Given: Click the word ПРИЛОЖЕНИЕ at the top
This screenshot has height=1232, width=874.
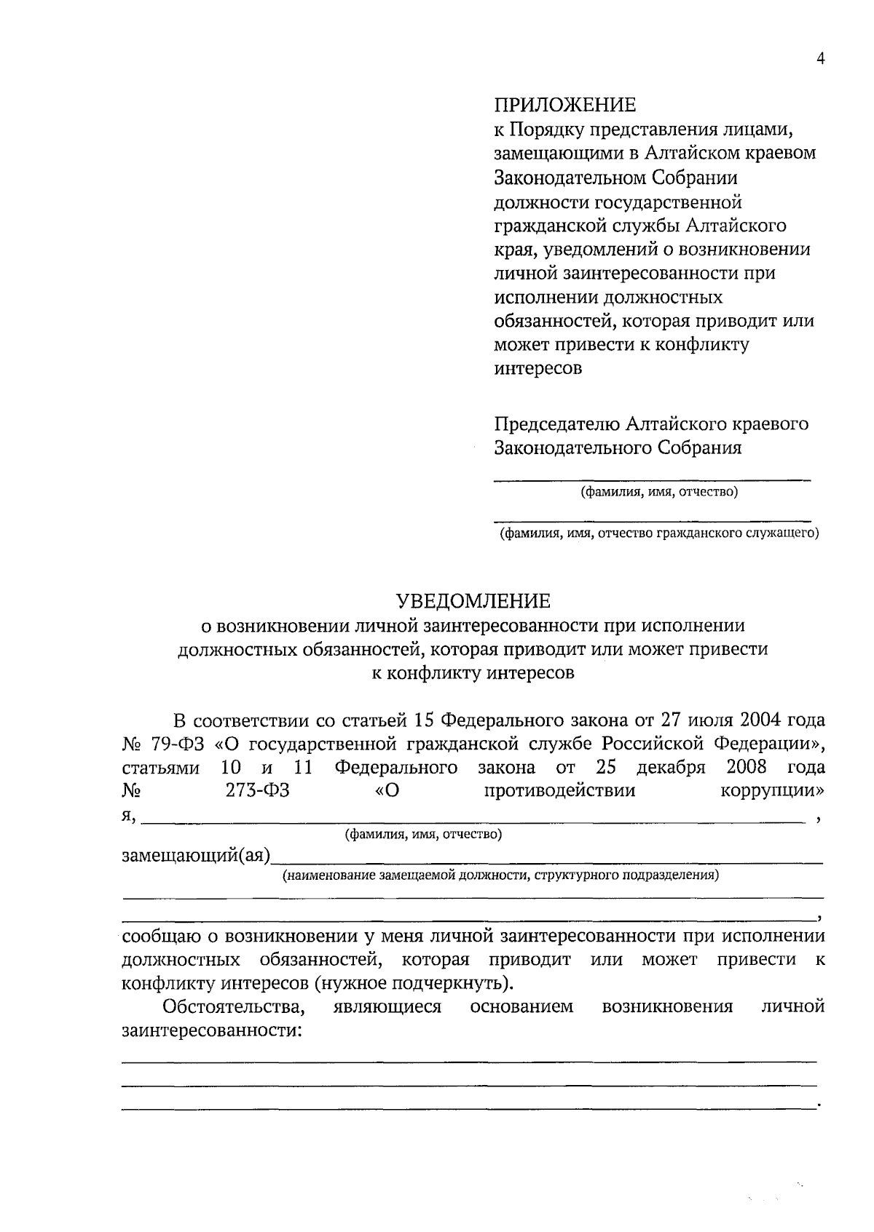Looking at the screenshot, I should tap(564, 106).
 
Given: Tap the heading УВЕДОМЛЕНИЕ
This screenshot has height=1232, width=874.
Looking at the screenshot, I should tap(473, 601).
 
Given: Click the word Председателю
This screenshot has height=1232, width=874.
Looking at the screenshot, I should tap(557, 424).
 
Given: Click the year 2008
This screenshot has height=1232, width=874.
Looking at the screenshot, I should tap(747, 768).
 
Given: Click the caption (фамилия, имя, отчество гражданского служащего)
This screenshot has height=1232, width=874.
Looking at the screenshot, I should tap(658, 534).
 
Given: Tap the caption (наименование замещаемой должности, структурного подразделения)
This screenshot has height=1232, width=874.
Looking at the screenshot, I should tap(501, 875).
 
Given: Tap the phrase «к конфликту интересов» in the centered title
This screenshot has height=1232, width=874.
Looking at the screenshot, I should tap(473, 673).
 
